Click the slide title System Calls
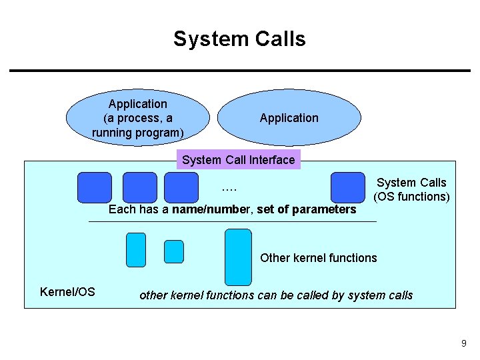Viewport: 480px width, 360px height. click(x=239, y=39)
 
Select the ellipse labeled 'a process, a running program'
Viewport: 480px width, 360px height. click(x=138, y=118)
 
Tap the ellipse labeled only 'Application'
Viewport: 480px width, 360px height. click(x=289, y=118)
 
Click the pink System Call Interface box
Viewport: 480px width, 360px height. click(x=238, y=160)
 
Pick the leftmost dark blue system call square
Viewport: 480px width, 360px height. click(x=94, y=187)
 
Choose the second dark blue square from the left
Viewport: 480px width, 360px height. click(x=140, y=187)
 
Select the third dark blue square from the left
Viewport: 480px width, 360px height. click(x=181, y=187)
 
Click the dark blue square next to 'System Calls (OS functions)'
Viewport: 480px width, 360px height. click(x=347, y=187)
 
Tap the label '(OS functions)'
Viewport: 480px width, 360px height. click(x=411, y=197)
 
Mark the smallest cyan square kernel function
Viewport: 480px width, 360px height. click(x=174, y=251)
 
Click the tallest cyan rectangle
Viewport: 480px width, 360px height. click(x=238, y=257)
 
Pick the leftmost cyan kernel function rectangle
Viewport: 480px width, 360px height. click(x=135, y=249)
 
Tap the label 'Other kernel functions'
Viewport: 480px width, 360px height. click(x=318, y=258)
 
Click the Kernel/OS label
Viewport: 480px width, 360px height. click(x=67, y=292)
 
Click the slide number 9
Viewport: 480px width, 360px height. click(x=463, y=343)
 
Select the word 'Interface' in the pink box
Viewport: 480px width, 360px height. click(x=271, y=160)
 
